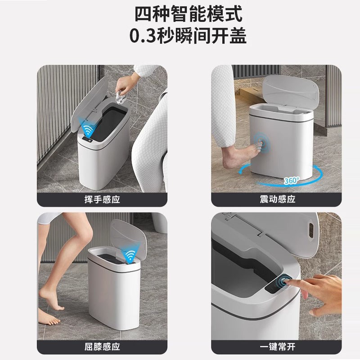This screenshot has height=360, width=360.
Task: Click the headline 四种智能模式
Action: click(x=180, y=13)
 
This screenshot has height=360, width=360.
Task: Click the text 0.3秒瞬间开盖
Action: click(x=180, y=36)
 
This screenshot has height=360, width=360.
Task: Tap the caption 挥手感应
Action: click(x=102, y=199)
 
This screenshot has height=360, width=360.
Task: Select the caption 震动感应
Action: click(x=278, y=199)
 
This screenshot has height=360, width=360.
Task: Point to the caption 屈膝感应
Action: click(x=102, y=347)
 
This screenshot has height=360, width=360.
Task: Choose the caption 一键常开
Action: click(x=278, y=347)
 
